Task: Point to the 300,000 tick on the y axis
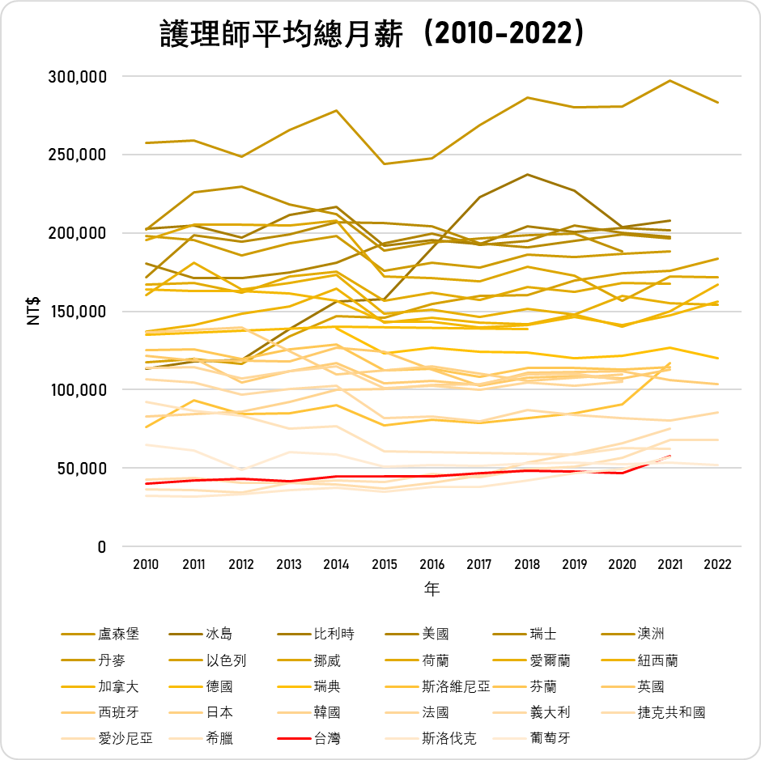(x=79, y=77)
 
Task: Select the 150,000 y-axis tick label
(x=79, y=312)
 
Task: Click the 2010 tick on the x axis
(x=146, y=564)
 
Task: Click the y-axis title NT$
(x=34, y=312)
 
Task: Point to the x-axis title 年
(x=432, y=589)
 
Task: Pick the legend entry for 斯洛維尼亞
(x=456, y=686)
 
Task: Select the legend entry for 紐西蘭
(x=657, y=660)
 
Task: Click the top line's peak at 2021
(x=670, y=81)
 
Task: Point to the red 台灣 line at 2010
(x=146, y=483)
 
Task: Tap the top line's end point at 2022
(x=717, y=103)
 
